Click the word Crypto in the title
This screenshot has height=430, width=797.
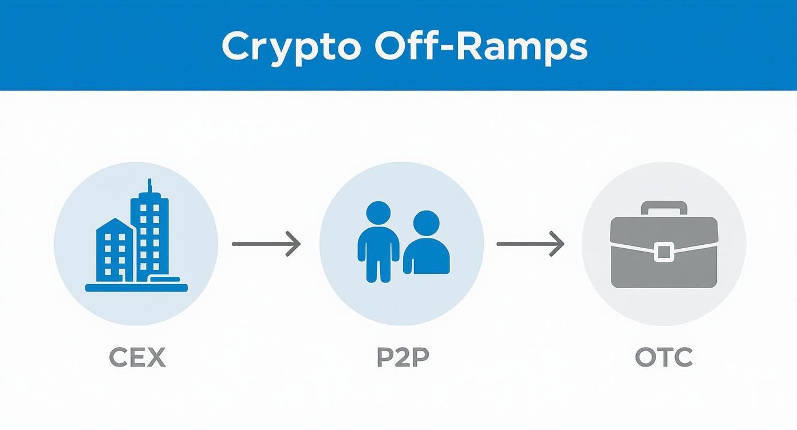coord(291,47)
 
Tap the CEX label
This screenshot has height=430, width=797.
coord(137,359)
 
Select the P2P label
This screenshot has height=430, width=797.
coord(403,359)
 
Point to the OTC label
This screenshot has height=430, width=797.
coord(664,359)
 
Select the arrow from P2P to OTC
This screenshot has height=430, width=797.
coord(530,244)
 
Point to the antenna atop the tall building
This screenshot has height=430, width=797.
coord(149,188)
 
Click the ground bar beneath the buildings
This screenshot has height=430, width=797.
coord(136,288)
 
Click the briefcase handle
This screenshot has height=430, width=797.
coord(664,207)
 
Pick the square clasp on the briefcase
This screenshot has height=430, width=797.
coord(664,252)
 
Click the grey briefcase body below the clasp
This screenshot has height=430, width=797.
coord(664,274)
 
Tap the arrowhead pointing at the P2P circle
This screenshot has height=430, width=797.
coord(295,244)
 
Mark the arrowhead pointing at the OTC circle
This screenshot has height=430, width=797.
coord(559,244)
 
